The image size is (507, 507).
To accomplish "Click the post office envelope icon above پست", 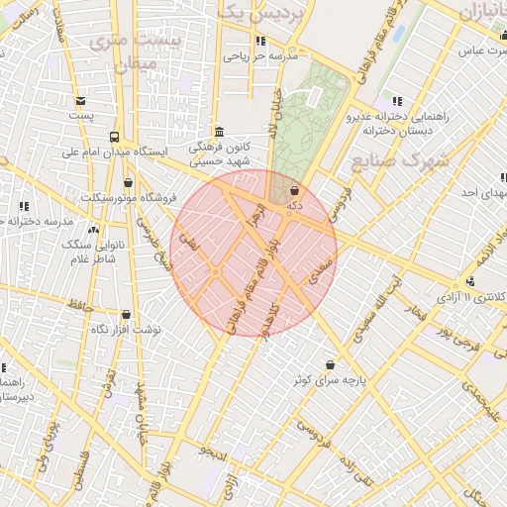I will [x=80, y=100].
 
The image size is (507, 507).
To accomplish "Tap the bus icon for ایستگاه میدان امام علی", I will [x=115, y=138].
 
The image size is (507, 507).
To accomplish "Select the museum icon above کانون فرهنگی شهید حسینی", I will [x=219, y=132].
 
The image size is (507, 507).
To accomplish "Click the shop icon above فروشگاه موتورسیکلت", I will [x=128, y=183].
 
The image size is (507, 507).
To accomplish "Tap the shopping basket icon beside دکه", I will [x=294, y=190].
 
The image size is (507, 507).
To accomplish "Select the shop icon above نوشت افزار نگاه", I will [x=124, y=314].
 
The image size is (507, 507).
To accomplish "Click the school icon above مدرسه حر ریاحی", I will [x=260, y=41].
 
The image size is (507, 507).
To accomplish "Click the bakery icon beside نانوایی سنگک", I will [x=93, y=230].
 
